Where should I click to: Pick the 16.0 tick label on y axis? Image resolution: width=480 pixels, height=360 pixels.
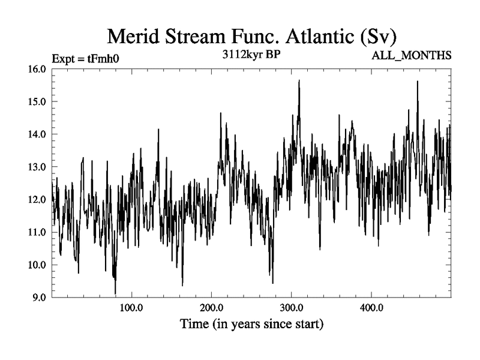point(37,69)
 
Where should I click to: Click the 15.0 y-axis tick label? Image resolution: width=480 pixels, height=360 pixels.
point(37,101)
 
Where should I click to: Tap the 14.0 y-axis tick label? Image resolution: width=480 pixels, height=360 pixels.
point(37,134)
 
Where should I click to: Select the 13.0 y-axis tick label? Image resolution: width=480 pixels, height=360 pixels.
point(37,167)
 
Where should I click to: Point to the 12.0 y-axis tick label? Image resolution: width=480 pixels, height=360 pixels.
point(37,199)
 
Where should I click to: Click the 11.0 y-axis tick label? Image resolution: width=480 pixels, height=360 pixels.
point(37,232)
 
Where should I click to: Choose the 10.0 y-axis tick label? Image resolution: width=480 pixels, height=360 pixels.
point(37,265)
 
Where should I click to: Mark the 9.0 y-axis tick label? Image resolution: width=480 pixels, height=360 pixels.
point(38,297)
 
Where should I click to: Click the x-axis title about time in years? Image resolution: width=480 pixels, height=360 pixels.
point(252,325)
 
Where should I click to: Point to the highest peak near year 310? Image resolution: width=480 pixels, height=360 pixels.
point(299,80)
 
